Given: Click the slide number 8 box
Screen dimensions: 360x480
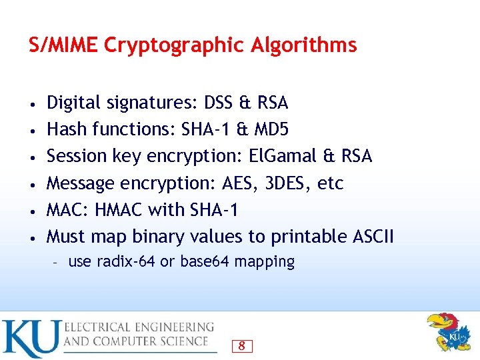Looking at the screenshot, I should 241,346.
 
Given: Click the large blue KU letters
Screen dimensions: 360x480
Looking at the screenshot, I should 30,339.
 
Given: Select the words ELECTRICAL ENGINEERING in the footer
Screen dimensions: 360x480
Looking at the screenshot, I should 139,327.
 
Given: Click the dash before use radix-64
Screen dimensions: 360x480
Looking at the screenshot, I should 56,262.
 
